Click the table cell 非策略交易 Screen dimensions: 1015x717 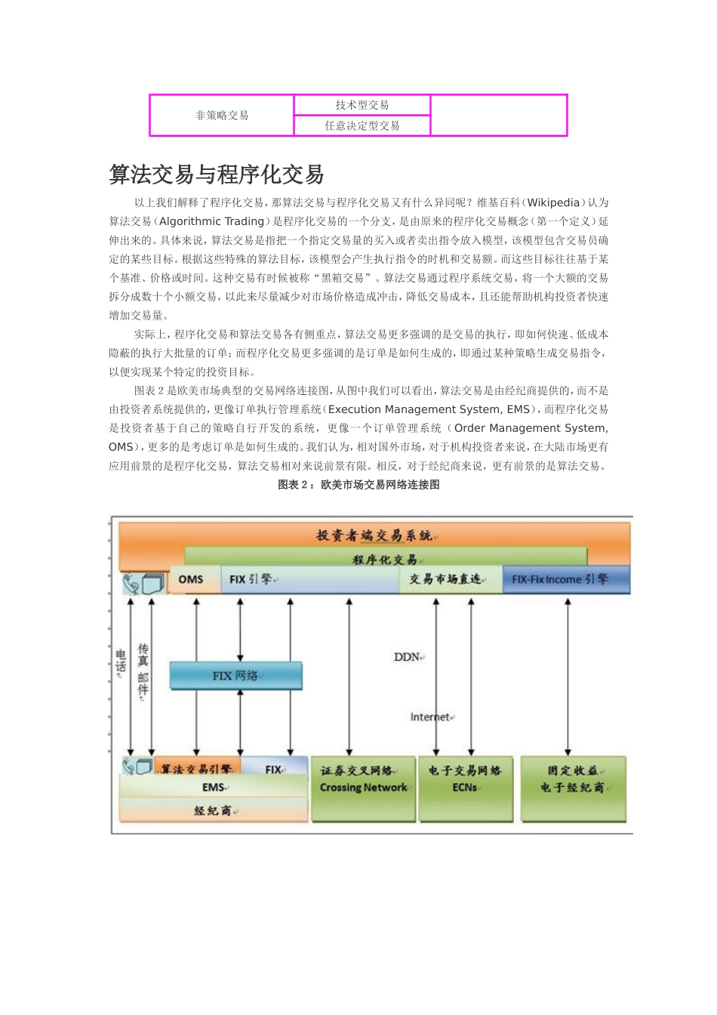click(222, 116)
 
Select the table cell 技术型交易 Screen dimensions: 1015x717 click(362, 105)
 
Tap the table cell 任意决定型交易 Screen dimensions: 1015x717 click(362, 126)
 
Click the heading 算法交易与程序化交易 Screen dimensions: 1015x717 click(217, 174)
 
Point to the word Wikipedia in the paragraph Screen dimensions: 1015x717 click(553, 202)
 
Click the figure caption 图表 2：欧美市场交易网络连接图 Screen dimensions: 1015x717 click(358, 485)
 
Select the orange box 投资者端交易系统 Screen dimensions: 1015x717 click(374, 535)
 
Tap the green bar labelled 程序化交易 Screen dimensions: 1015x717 click(385, 560)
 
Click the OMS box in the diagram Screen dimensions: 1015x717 click(192, 579)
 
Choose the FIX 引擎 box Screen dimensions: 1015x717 click(309, 579)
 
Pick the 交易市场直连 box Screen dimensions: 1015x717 click(450, 579)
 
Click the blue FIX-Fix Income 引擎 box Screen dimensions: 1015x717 click(566, 579)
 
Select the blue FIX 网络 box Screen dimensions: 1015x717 click(235, 675)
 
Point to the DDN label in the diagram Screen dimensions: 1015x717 click(408, 657)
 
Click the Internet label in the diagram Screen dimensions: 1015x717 click(431, 717)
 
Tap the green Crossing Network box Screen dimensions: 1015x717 click(363, 788)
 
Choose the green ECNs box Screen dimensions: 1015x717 click(465, 788)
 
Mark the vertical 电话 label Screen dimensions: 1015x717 click(121, 662)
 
